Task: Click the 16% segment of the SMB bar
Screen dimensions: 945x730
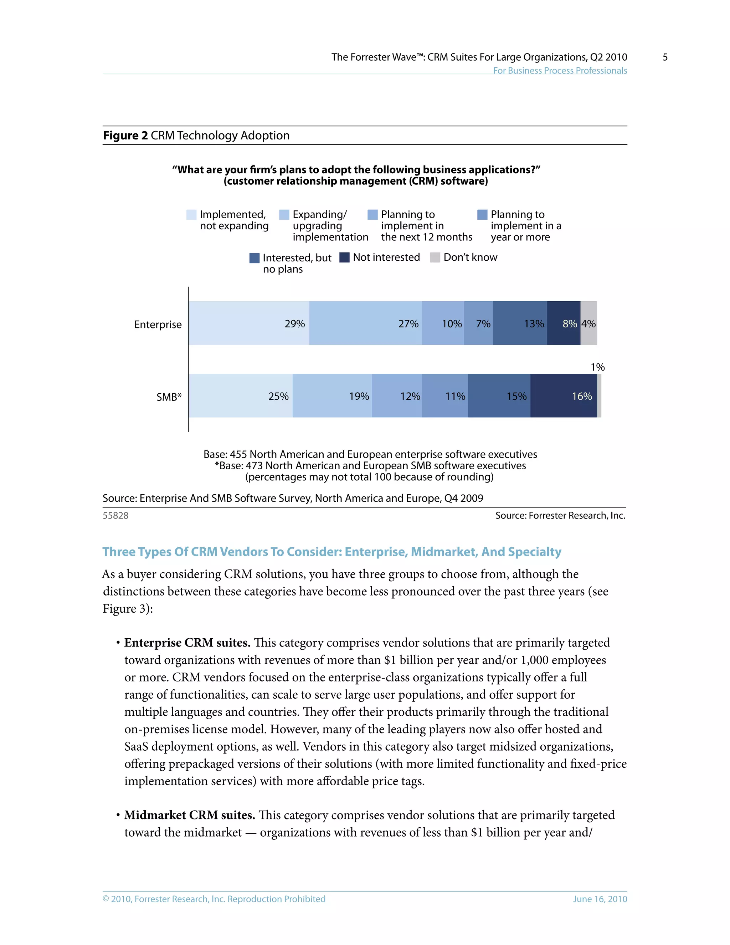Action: pyautogui.click(x=564, y=396)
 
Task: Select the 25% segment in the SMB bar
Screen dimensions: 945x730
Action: pyautogui.click(x=241, y=396)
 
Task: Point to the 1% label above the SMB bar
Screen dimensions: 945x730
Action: pyautogui.click(x=598, y=367)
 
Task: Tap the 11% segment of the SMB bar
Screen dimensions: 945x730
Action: pyautogui.click(x=444, y=396)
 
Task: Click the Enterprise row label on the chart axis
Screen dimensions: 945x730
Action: pyautogui.click(x=158, y=325)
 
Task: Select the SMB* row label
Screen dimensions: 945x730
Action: pyautogui.click(x=169, y=397)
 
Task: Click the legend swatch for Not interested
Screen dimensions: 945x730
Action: pyautogui.click(x=344, y=257)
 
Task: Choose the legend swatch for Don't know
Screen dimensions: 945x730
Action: pyautogui.click(x=435, y=257)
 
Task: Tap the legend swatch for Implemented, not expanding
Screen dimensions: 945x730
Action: pyautogui.click(x=191, y=215)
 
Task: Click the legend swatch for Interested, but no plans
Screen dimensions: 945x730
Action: pyautogui.click(x=254, y=258)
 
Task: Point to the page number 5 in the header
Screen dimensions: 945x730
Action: pyautogui.click(x=665, y=57)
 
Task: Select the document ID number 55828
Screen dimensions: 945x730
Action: pyautogui.click(x=115, y=515)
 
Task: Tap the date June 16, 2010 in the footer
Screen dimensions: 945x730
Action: pyautogui.click(x=600, y=899)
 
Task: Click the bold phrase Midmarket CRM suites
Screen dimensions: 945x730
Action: pyautogui.click(x=189, y=815)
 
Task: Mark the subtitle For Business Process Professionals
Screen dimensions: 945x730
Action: pyautogui.click(x=560, y=71)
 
